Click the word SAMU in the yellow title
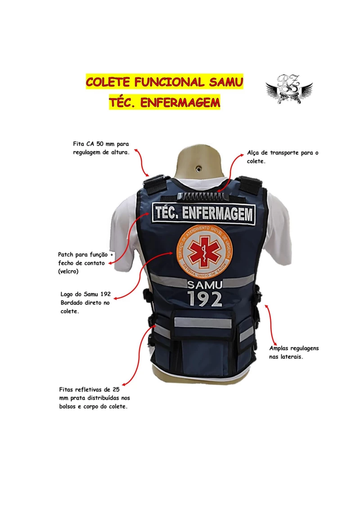[225, 82]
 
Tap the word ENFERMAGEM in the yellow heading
[180, 103]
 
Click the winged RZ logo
[289, 89]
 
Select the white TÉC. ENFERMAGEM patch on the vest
[204, 213]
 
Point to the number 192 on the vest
[205, 299]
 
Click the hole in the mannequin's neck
[198, 168]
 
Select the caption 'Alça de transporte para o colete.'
[283, 157]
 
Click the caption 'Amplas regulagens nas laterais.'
[294, 352]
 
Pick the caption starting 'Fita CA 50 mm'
[101, 148]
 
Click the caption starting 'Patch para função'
[85, 263]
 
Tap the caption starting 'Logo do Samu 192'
[85, 302]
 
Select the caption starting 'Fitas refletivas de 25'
[94, 398]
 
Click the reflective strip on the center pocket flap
[203, 323]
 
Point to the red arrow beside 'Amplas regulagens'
[270, 324]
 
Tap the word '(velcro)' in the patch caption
[68, 271]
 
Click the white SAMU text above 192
[205, 285]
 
